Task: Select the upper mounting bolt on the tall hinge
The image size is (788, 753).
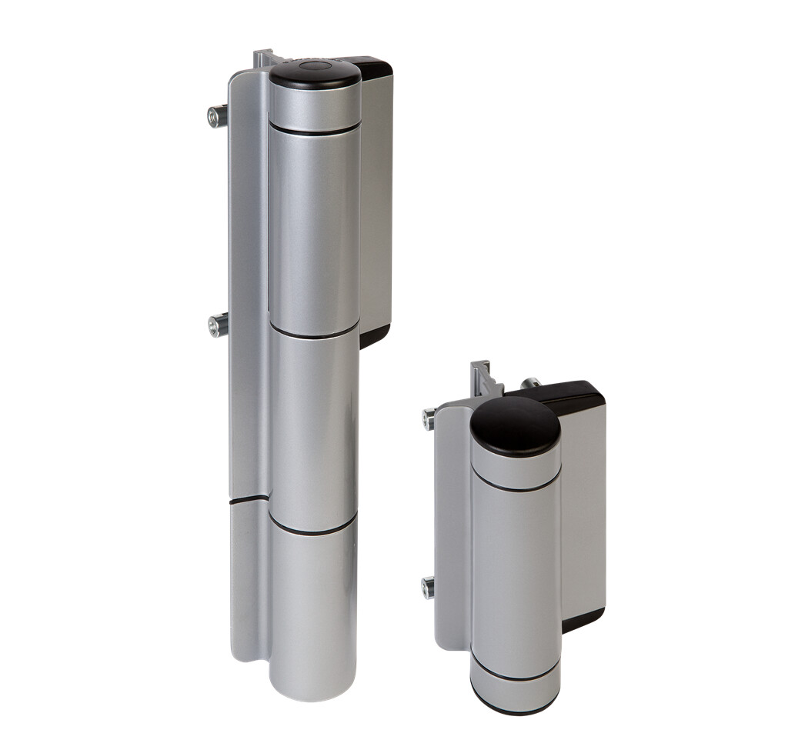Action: coord(217,116)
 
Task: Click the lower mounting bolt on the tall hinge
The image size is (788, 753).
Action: coord(218,325)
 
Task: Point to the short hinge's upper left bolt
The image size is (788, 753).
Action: coord(429,419)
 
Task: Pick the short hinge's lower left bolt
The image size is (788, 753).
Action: coord(428,588)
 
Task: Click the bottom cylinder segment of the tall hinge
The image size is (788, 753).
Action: coord(312,608)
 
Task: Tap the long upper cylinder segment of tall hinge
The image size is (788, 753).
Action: coord(314,231)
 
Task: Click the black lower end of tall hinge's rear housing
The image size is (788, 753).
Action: coord(374,335)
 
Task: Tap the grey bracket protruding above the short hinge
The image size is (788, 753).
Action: coord(482,377)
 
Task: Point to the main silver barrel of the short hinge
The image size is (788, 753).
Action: coord(515,569)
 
